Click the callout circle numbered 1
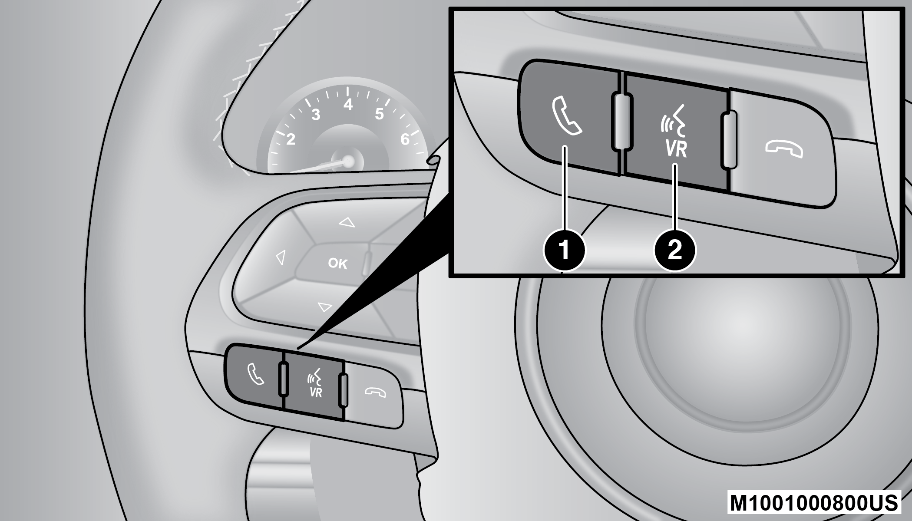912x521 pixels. coord(564,250)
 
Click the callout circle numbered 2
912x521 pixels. coord(675,250)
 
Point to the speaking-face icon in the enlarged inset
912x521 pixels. coord(673,122)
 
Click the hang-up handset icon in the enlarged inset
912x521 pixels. coord(784,150)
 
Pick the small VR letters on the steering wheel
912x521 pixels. coord(316,392)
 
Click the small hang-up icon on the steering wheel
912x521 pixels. coord(376,392)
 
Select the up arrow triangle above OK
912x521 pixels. coord(347,223)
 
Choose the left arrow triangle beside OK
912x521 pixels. coord(281,257)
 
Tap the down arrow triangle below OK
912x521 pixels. coord(324,307)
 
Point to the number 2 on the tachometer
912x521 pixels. coord(291,139)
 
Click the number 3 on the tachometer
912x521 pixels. coord(316,115)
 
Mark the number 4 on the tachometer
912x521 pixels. coord(348,105)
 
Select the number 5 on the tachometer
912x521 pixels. coord(379,114)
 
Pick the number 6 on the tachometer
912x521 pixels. coord(405,139)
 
